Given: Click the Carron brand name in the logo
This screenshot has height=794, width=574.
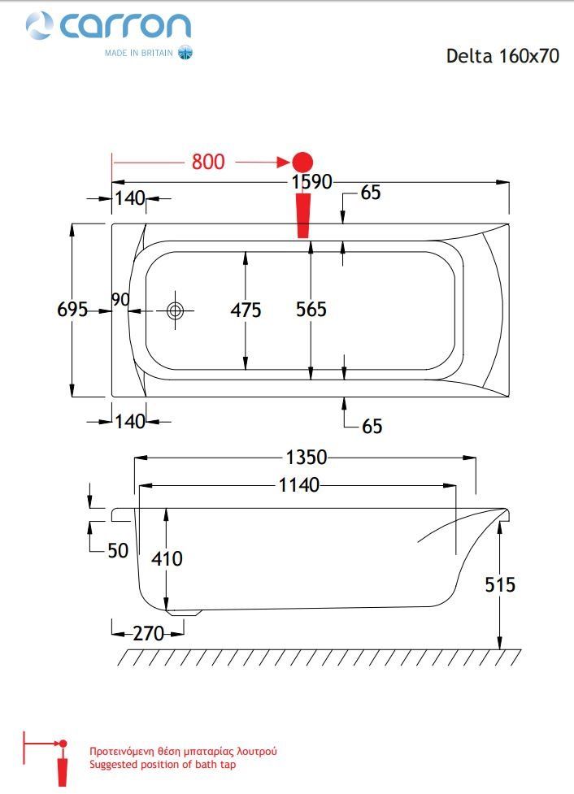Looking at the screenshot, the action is point(125,25).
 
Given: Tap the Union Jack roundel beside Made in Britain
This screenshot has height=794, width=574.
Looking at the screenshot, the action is point(185,53).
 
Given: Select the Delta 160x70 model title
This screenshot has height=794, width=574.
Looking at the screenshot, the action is point(502,56).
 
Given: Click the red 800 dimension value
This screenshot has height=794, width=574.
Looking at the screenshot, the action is point(208,162).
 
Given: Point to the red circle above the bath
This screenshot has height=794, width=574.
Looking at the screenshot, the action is point(302,162).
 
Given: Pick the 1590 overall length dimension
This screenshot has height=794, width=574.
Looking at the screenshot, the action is point(311,182).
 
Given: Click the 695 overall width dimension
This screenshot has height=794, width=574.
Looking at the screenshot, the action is point(72,309).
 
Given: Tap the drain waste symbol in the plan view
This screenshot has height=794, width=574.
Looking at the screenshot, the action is point(176,310).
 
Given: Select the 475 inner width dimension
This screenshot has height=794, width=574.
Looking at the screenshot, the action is point(246,310).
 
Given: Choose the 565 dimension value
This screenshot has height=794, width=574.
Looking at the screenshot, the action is point(311,310).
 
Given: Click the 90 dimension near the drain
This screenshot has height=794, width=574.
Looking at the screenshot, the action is point(120,300).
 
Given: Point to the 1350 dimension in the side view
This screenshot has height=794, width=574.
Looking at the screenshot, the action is point(307,458).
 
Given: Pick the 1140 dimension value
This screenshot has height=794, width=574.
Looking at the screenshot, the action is point(299,485).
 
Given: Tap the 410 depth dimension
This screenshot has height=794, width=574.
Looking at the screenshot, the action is point(167,558).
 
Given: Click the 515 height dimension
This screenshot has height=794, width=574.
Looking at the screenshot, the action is point(500,584).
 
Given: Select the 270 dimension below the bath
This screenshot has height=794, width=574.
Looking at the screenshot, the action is point(149,633).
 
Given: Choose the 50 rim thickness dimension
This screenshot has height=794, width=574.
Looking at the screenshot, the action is point(118,550).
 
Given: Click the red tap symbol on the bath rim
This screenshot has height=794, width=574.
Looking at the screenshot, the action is point(303,215).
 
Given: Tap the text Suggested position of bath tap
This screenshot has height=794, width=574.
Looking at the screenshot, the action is point(163,765).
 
